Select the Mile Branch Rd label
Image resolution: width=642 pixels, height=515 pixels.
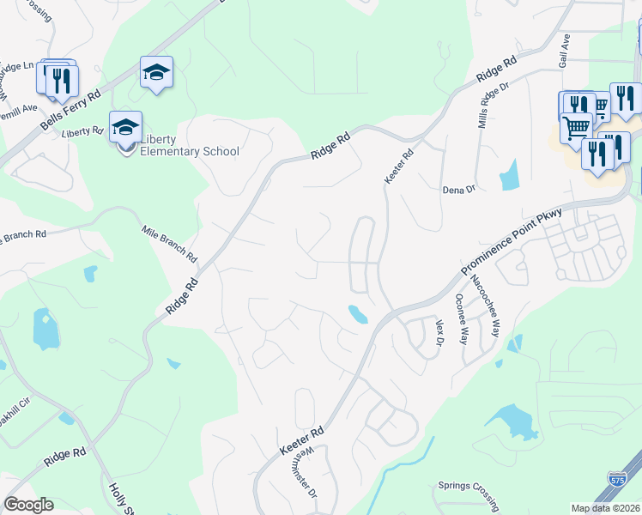point(170,244)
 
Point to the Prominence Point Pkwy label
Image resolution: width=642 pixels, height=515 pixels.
point(511,241)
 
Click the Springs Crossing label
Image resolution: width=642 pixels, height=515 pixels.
point(469,486)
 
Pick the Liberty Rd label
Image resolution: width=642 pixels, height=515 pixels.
point(82,131)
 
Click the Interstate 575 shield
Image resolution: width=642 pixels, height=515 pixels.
point(615,481)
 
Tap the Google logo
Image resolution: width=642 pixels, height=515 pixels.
point(28,505)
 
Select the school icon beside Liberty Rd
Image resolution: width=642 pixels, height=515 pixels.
point(125,128)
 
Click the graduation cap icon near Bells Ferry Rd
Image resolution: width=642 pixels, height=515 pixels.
point(157,73)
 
